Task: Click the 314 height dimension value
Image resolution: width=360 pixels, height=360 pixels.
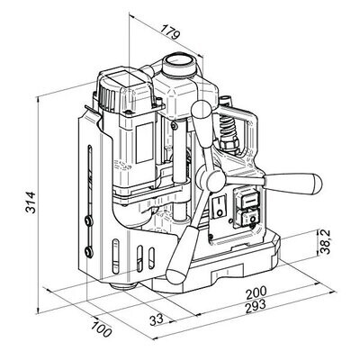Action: click(x=31, y=202)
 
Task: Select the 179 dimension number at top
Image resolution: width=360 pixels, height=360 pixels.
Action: click(x=170, y=32)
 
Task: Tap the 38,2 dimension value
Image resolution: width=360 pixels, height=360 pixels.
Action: click(x=325, y=242)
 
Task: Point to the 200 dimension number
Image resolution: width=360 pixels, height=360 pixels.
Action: click(x=256, y=293)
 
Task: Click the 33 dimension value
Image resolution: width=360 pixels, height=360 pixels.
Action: click(x=157, y=319)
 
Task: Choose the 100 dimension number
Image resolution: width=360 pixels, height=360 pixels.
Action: click(x=102, y=329)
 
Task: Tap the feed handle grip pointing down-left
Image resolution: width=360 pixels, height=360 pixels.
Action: click(x=181, y=255)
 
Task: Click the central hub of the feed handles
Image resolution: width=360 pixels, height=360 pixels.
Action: click(x=215, y=180)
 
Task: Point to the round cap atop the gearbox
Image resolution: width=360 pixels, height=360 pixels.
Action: click(x=179, y=64)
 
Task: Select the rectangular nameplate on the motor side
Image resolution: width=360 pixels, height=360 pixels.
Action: click(x=145, y=143)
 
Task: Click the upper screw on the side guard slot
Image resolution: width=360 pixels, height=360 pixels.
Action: click(x=88, y=221)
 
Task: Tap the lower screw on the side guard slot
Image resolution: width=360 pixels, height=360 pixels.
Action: click(x=88, y=251)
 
